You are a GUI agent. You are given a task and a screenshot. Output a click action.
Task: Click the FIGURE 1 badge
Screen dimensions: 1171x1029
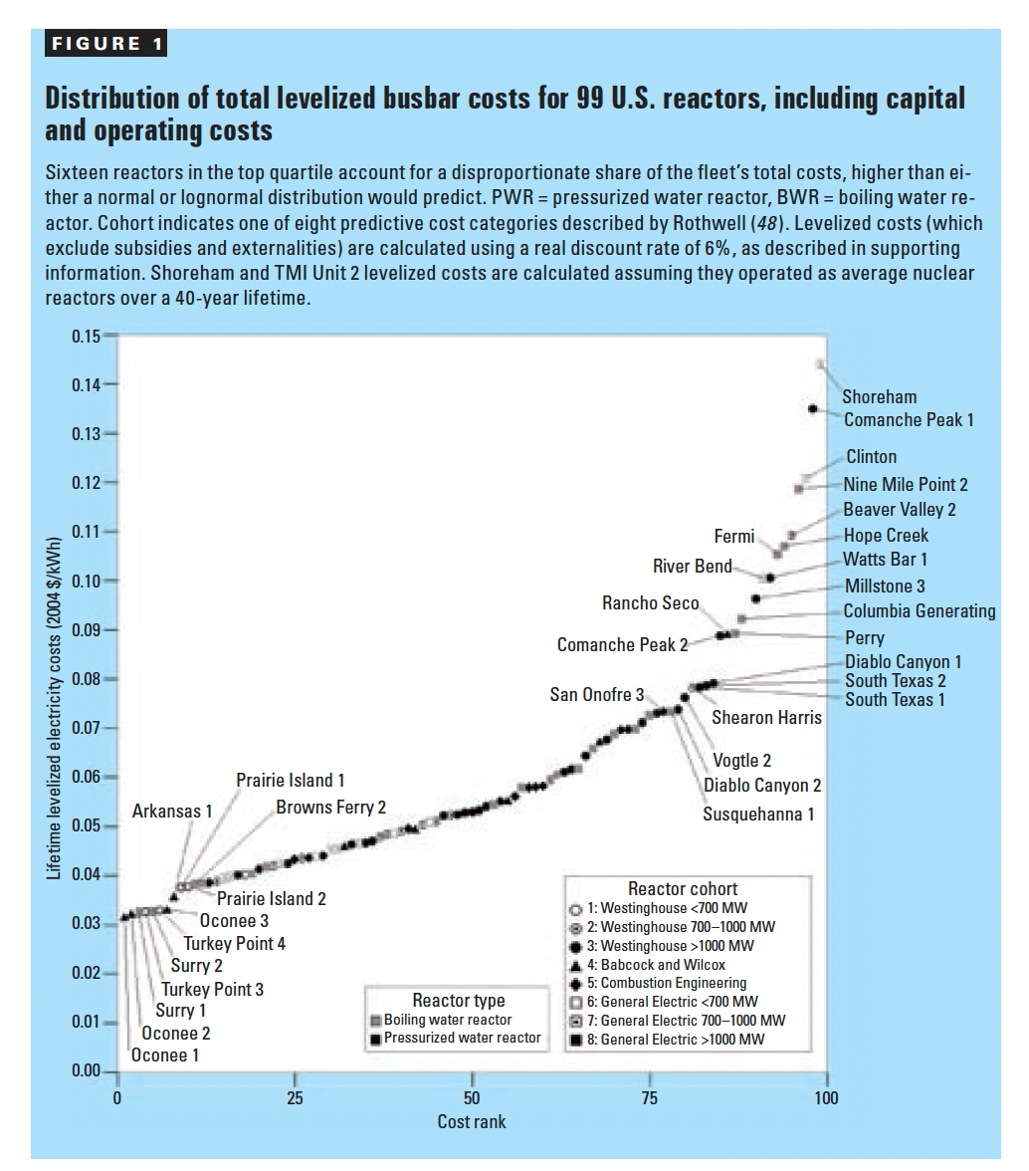[103, 45]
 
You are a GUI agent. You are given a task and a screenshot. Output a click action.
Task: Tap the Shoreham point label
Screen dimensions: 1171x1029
[879, 397]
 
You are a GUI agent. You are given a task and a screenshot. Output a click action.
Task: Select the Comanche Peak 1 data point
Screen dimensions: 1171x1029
[813, 409]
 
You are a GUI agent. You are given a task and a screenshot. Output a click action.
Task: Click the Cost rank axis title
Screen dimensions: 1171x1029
[471, 1122]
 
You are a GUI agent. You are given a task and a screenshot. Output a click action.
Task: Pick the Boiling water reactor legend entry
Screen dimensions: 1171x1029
[447, 1020]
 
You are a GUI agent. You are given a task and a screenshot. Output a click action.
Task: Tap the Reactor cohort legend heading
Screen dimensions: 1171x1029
[683, 888]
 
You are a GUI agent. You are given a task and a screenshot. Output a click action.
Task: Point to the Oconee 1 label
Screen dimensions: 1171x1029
[165, 1054]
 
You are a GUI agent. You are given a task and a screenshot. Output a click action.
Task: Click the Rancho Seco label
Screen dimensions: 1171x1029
[650, 603]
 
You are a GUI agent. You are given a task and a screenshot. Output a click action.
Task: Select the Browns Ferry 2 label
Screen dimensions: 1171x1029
[330, 808]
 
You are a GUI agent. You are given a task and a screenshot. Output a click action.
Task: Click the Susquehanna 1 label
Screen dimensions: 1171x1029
[758, 814]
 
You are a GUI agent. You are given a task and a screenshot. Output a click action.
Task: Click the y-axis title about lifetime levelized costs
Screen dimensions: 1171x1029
[56, 708]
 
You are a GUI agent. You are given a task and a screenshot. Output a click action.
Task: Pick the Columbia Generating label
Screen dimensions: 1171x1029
[919, 611]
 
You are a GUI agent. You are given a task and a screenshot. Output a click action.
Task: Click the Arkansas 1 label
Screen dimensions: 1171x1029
[172, 812]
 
